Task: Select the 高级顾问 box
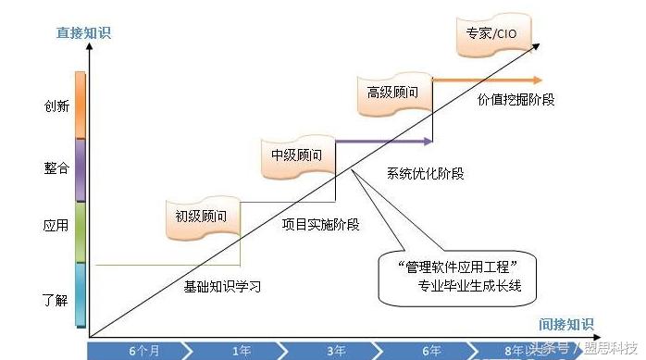pyautogui.click(x=393, y=93)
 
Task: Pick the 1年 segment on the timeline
pyautogui.click(x=242, y=351)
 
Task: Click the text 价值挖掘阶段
pyautogui.click(x=516, y=99)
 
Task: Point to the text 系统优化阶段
pyautogui.click(x=426, y=173)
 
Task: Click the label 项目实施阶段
pyautogui.click(x=320, y=223)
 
